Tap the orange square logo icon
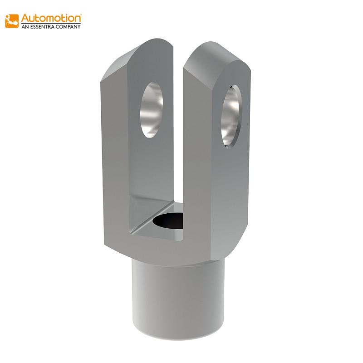coord(12,21)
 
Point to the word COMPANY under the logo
coord(70,27)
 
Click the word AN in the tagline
coord(26,27)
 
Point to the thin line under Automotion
coord(51,23)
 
